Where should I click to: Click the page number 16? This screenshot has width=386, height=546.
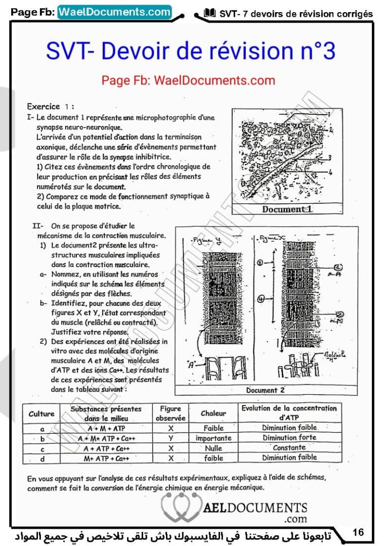click(x=358, y=532)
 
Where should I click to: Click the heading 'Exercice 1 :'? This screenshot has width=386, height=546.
click(x=51, y=107)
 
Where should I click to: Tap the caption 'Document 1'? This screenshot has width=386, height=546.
click(x=288, y=209)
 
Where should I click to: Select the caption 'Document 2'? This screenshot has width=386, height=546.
click(x=265, y=390)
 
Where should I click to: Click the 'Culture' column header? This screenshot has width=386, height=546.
click(x=41, y=414)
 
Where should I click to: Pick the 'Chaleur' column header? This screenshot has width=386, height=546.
click(x=213, y=414)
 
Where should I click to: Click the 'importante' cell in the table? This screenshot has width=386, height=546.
click(x=213, y=438)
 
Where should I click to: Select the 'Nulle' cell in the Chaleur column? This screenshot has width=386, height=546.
click(x=213, y=448)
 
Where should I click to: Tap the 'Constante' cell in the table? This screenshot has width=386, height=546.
click(x=289, y=447)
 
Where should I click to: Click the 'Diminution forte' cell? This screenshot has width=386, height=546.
click(x=289, y=438)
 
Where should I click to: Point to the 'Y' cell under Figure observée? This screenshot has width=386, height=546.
click(x=171, y=438)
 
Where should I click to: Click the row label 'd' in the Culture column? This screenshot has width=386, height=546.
click(x=42, y=459)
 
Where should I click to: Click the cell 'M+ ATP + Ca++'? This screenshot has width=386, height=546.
click(x=107, y=459)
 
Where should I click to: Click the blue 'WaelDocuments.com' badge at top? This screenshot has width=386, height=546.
click(x=114, y=12)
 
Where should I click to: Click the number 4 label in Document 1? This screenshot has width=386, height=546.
click(x=329, y=173)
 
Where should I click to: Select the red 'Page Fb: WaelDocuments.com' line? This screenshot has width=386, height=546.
click(x=188, y=80)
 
